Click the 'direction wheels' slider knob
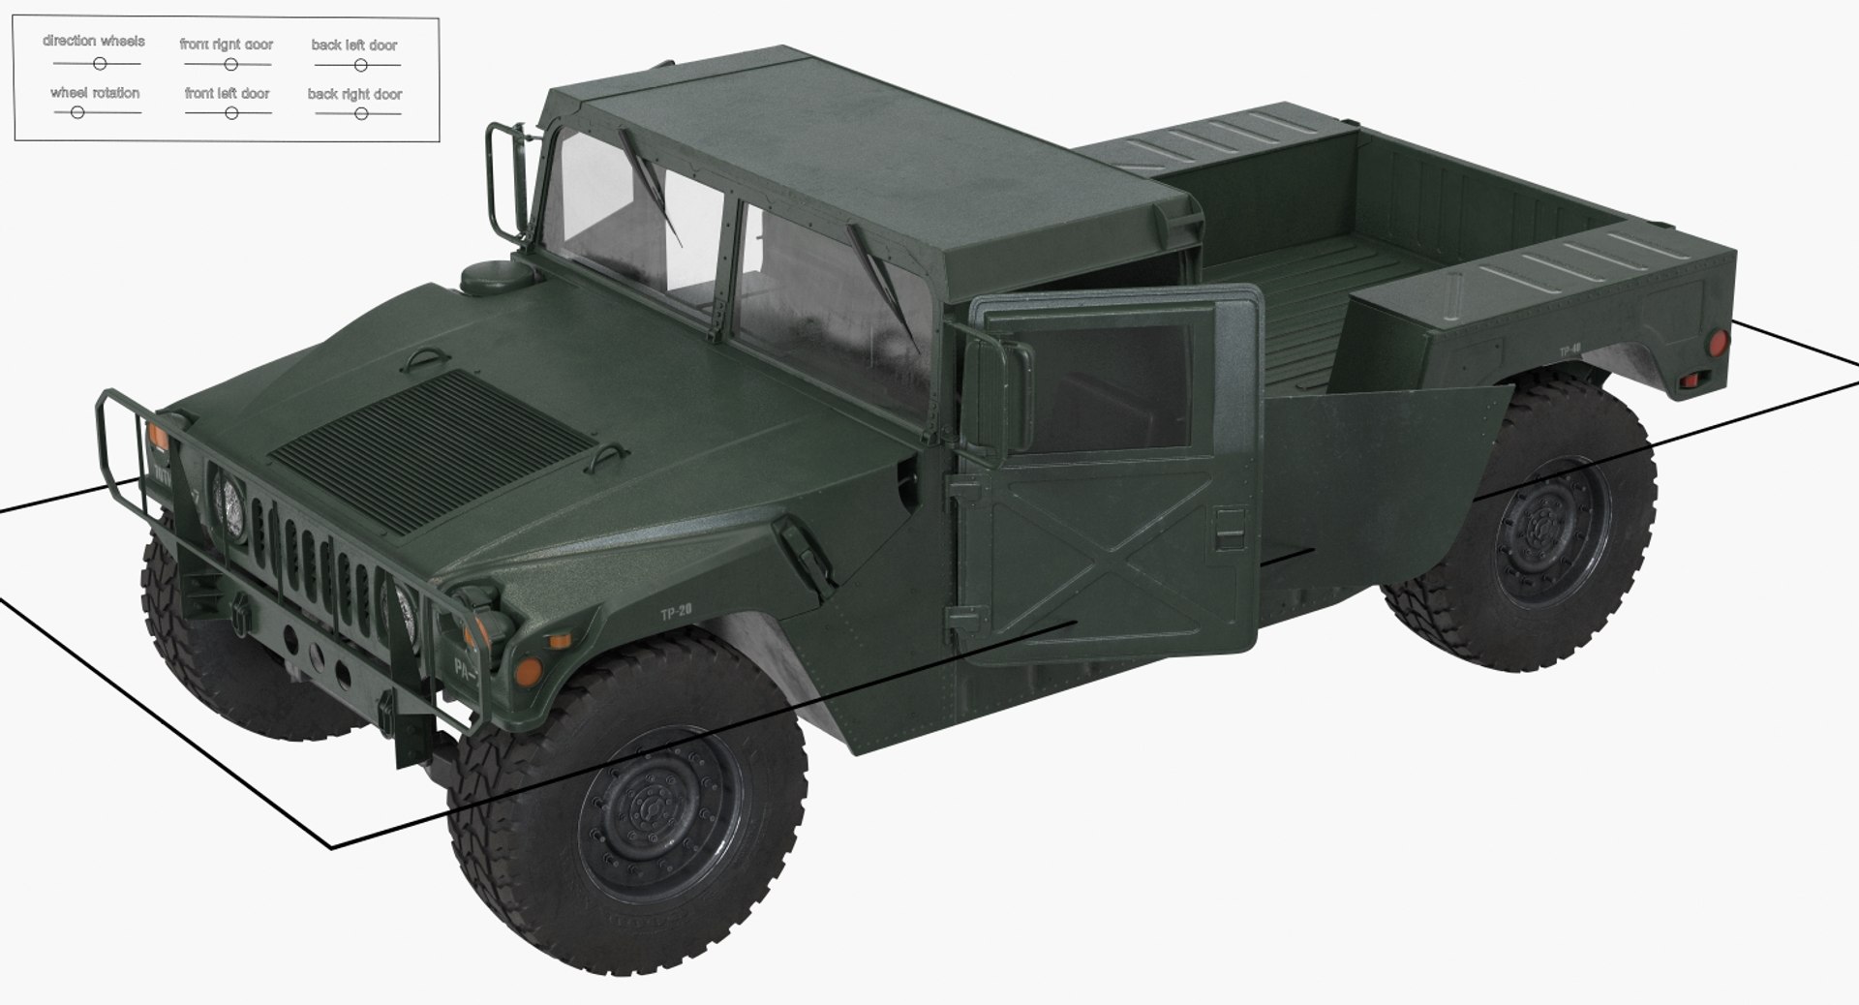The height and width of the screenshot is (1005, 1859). (99, 64)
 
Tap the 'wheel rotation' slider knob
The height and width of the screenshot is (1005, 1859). (77, 112)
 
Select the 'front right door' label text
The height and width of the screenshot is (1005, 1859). (226, 45)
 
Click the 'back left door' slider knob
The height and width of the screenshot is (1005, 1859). (360, 66)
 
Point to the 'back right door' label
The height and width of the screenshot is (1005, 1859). (354, 94)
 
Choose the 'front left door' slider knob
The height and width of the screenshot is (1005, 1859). (231, 113)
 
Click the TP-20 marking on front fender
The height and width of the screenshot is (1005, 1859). (676, 614)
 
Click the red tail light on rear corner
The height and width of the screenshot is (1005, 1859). (1717, 343)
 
